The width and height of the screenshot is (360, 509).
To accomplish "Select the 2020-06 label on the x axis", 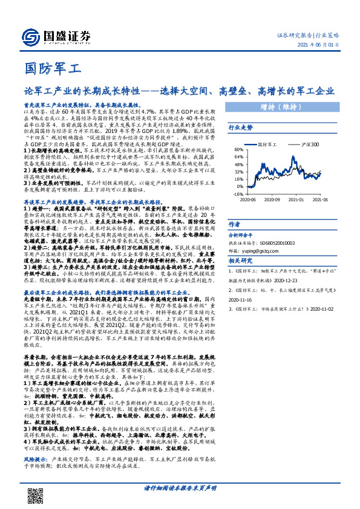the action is point(248,200).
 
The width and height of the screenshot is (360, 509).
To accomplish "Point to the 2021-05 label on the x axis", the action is point(319,200).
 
